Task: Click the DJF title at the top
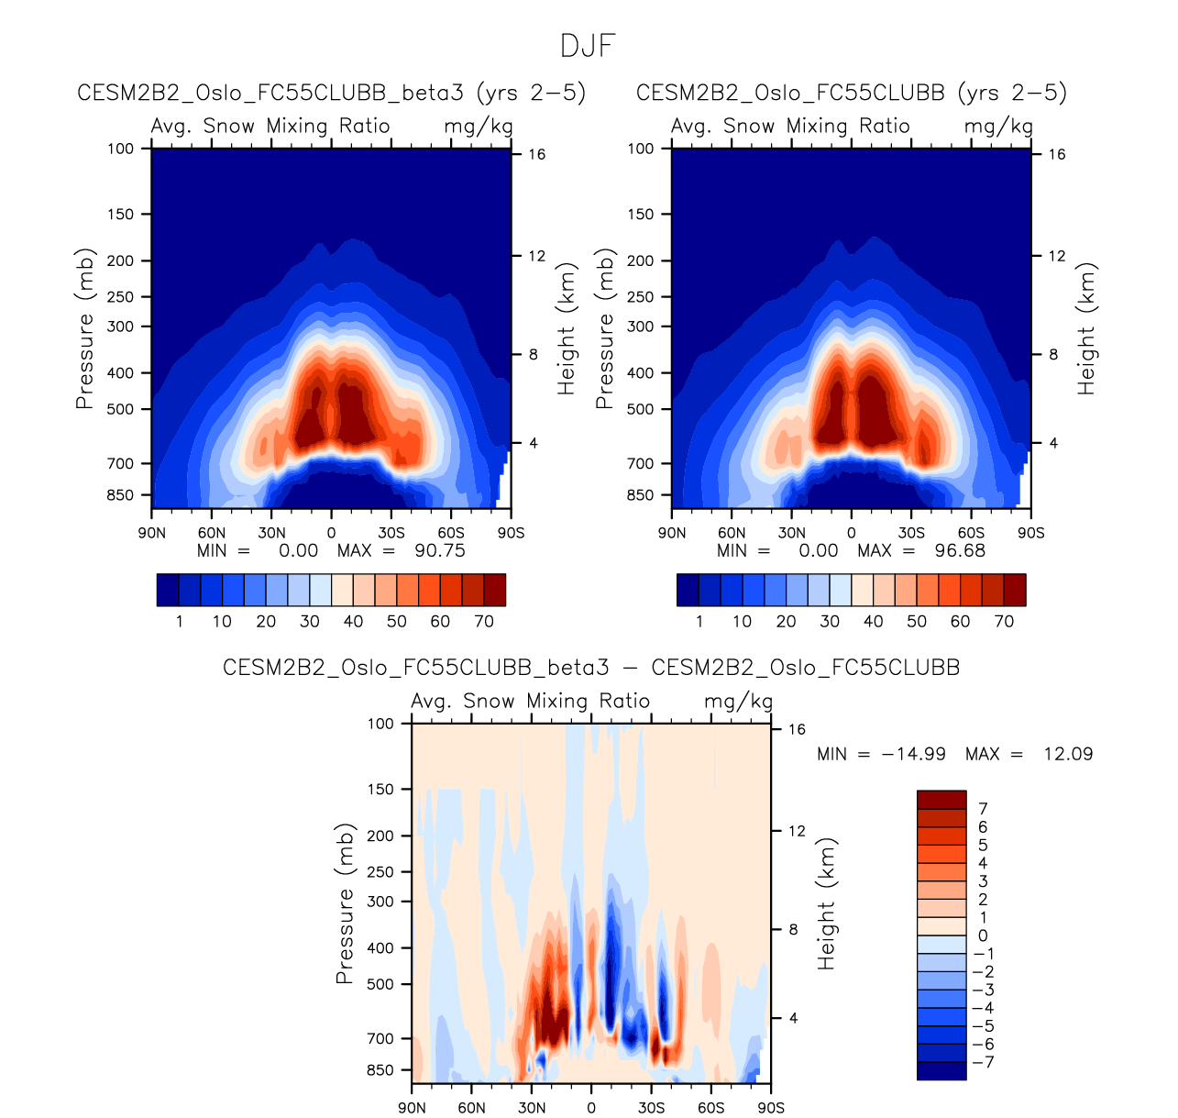pyautogui.click(x=588, y=46)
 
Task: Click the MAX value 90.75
pyautogui.click(x=440, y=551)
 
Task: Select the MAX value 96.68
pyautogui.click(x=960, y=551)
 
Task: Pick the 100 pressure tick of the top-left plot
pyautogui.click(x=120, y=149)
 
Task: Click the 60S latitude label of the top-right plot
pyautogui.click(x=971, y=533)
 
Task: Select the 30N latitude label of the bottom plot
pyautogui.click(x=532, y=1108)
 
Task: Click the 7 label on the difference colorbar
pyautogui.click(x=983, y=809)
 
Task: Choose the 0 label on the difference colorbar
pyautogui.click(x=983, y=936)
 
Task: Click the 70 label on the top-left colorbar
pyautogui.click(x=484, y=622)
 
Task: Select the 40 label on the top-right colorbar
pyautogui.click(x=873, y=622)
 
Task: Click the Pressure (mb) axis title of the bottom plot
pyautogui.click(x=345, y=903)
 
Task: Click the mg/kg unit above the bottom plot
pyautogui.click(x=738, y=702)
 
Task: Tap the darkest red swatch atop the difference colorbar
pyautogui.click(x=941, y=800)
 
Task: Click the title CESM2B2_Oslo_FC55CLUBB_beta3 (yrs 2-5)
pyautogui.click(x=332, y=93)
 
